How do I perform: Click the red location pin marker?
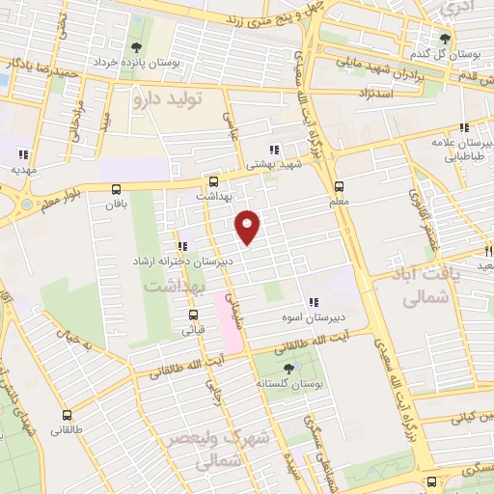(248, 226)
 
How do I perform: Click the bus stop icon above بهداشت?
(213, 180)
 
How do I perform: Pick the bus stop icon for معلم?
(338, 187)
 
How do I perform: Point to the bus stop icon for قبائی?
(193, 315)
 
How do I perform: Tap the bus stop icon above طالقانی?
(68, 409)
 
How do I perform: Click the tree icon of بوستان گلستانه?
(288, 369)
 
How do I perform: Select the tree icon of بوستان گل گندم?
(445, 39)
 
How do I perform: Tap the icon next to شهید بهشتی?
(274, 150)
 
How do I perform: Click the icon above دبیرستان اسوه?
(312, 302)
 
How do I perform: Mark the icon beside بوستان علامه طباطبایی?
(464, 127)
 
